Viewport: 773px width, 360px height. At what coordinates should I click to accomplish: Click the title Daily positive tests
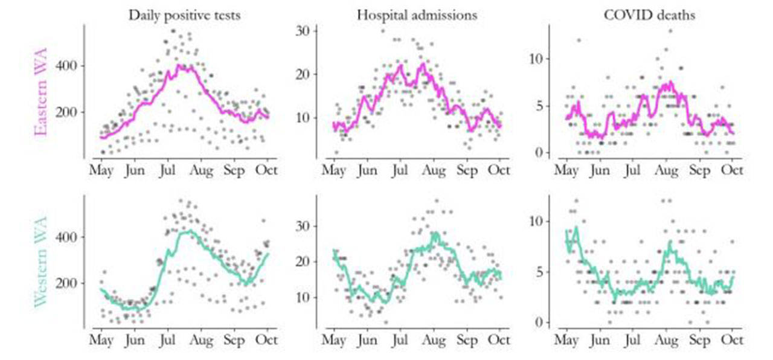pyautogui.click(x=184, y=16)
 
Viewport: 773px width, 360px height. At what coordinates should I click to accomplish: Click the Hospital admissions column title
pyautogui.click(x=417, y=16)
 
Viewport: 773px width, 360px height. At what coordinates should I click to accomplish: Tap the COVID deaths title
pyautogui.click(x=649, y=16)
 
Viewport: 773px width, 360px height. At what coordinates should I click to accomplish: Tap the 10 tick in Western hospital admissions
pyautogui.click(x=303, y=297)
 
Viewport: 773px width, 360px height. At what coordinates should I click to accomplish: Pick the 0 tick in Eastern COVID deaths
pyautogui.click(x=545, y=152)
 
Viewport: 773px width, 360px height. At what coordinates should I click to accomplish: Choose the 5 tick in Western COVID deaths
pyautogui.click(x=545, y=272)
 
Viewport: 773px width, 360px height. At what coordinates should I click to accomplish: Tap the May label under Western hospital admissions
pyautogui.click(x=333, y=340)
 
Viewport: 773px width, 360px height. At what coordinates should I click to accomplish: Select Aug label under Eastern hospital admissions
pyautogui.click(x=433, y=170)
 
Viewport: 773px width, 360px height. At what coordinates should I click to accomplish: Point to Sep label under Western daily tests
pyautogui.click(x=234, y=340)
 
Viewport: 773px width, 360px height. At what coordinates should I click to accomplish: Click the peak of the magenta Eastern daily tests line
pyautogui.click(x=179, y=65)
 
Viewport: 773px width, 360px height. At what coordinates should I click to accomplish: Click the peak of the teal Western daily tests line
pyautogui.click(x=190, y=230)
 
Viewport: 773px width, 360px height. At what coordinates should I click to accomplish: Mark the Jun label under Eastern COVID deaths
pyautogui.click(x=599, y=170)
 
